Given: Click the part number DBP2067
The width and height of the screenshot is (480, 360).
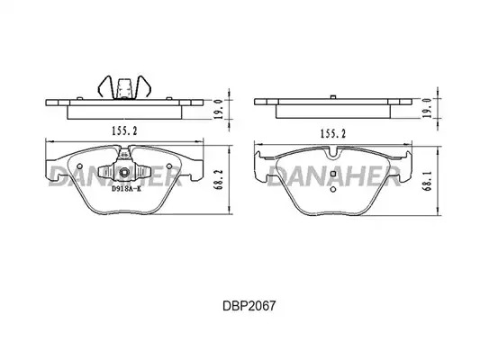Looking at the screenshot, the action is coord(249,306).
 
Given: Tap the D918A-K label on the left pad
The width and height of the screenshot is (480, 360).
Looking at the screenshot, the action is coord(126,189).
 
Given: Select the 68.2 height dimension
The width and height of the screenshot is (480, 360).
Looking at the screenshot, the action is coord(220,180).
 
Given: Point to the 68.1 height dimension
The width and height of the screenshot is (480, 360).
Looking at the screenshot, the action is coord(429,181).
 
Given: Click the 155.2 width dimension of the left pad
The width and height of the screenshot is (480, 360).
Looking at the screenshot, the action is coord(124,130).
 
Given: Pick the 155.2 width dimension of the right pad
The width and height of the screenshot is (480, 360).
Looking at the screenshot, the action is coord(332,133).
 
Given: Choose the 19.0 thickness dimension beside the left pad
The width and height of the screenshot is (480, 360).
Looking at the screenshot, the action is coord(218,109).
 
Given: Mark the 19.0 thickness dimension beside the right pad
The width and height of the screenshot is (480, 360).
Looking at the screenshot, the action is coord(428,108).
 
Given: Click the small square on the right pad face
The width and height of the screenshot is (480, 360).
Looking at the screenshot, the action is coord(333,174).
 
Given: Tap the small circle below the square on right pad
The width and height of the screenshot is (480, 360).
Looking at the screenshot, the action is coord(333,189).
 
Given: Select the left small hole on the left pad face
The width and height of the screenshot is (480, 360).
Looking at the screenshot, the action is coord(79,166).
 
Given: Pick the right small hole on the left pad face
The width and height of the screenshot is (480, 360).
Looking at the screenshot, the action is coord(169,166).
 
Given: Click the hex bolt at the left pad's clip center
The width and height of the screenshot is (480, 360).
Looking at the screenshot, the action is coord(124,173).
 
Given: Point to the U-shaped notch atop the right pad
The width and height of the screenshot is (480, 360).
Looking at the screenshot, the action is coord(333,154).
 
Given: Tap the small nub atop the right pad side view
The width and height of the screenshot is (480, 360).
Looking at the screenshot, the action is coord(333,97).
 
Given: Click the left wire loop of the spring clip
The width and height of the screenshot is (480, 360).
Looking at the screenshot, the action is coord(106,86).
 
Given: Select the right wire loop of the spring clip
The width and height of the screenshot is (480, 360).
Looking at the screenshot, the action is coord(143,86).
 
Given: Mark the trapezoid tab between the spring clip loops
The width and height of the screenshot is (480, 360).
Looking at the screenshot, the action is coord(124,89).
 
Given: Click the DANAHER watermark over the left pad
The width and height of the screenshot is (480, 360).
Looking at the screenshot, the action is coord(115,175).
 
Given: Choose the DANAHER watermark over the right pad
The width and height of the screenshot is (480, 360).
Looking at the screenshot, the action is coord(335,176).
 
